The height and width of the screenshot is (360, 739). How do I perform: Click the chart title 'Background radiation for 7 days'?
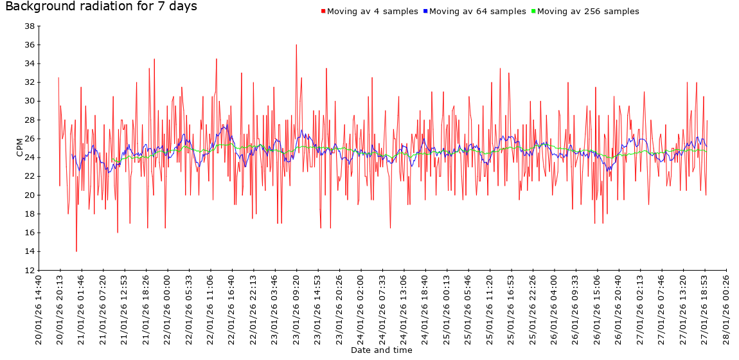coord(101,7)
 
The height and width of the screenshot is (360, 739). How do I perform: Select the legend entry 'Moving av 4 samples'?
coord(372,12)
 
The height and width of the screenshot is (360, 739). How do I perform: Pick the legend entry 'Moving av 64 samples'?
coord(477,12)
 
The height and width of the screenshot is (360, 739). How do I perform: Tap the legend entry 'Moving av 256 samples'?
coord(588,12)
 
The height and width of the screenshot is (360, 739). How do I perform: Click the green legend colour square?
coord(533,12)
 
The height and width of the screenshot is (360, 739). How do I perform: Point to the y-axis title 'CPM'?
coord(20,147)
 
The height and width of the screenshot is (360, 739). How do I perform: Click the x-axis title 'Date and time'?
coord(381,350)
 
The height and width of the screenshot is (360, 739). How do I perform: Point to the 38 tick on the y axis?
coord(29,26)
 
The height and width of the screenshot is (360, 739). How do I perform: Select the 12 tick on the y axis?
coord(29,270)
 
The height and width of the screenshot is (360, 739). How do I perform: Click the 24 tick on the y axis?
coord(29,157)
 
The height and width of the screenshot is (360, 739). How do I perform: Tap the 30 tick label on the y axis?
coord(29,101)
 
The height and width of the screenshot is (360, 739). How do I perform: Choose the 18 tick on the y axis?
coord(29,213)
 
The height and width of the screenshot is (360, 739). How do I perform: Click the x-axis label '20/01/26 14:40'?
coord(39,310)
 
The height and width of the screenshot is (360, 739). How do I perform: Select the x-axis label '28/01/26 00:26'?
coord(726,310)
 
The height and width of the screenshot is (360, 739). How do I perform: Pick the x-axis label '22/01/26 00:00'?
coord(168,310)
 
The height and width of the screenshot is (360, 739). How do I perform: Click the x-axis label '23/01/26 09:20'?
coord(296,310)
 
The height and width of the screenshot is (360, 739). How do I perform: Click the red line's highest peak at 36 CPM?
coord(296,45)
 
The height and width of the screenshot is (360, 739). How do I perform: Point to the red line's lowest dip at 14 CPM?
coord(76,251)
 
